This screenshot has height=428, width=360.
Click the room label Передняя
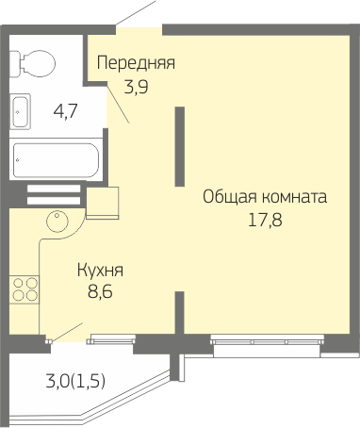(x=136, y=63)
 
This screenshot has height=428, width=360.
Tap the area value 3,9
(x=136, y=87)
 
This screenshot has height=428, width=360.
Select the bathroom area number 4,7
(x=66, y=111)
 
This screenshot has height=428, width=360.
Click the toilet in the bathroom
(x=32, y=63)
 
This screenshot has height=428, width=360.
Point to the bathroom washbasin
(x=20, y=111)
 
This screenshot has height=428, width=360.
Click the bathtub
(x=56, y=160)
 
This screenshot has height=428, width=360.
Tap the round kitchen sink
(x=57, y=222)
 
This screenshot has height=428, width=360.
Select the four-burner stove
(x=25, y=289)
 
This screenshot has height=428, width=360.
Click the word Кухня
(x=100, y=271)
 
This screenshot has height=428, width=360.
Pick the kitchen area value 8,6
(x=100, y=291)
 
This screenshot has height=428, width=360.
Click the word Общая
(x=230, y=197)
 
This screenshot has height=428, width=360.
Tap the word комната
(x=294, y=197)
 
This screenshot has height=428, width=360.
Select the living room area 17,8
(x=266, y=220)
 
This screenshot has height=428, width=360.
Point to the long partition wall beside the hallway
(x=180, y=146)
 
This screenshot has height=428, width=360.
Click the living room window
(x=267, y=345)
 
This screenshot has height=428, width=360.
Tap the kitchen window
(x=111, y=339)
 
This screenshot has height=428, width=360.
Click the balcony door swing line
(x=67, y=332)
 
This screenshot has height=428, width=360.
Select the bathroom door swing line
(x=119, y=103)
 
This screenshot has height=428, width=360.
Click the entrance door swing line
(x=136, y=13)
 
